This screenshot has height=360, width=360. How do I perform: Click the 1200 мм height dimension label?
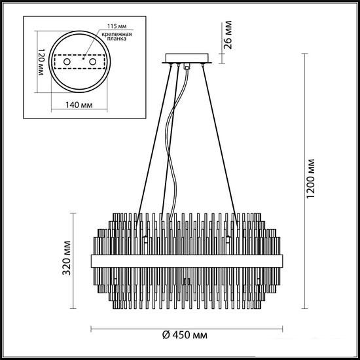312,179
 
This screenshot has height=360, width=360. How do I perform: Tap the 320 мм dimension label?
67,258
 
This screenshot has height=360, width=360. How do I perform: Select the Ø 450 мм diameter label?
185,335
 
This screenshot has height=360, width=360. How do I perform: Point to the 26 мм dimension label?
228,35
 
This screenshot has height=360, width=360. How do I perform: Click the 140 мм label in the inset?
79,105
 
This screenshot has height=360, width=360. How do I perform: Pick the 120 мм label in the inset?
41,62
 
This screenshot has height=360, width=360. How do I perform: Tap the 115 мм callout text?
117,26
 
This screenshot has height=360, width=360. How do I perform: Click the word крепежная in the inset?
117,35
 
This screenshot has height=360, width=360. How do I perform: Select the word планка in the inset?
117,39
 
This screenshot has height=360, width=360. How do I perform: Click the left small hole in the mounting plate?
67,62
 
